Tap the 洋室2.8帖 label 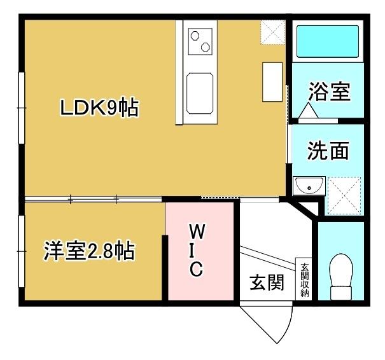89,251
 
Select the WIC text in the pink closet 197,250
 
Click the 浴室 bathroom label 328,92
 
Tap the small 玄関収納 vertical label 305,279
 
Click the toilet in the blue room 342,275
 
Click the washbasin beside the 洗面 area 309,186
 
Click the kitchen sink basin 200,90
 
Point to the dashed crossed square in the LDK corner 272,32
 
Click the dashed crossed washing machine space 344,195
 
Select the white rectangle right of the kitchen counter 271,81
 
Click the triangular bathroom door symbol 309,112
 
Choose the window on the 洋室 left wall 22,251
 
